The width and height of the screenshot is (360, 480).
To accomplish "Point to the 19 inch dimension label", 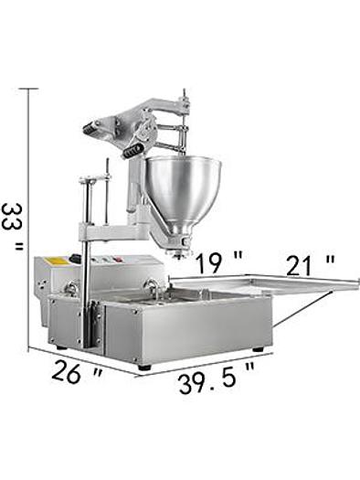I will pyautogui.click(x=218, y=263).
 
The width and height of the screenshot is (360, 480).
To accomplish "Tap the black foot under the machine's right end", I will pyautogui.click(x=258, y=348).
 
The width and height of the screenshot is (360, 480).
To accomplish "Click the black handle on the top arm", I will pyautogui.click(x=133, y=144).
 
